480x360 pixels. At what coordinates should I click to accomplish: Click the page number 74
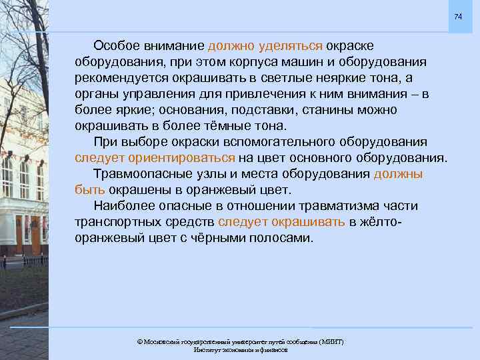(458, 16)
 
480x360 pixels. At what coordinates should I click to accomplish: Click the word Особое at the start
(115, 45)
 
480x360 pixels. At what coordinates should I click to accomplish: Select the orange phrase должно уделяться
(265, 45)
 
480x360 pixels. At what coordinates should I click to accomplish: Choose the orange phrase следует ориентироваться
(155, 158)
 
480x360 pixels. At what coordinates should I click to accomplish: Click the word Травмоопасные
(138, 174)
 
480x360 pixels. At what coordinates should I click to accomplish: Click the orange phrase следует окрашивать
(281, 222)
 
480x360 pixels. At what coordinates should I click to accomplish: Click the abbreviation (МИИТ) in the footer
(331, 341)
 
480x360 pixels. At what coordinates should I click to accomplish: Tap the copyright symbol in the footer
(139, 341)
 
